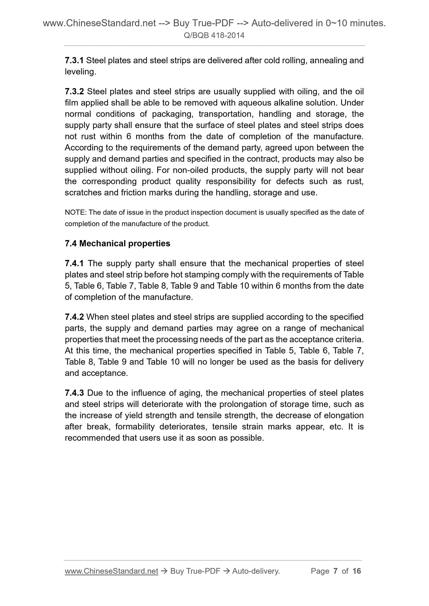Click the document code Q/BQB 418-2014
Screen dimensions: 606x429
214,36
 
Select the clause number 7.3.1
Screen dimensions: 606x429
74,60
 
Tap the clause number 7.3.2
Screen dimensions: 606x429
74,92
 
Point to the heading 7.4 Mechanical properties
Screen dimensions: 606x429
117,243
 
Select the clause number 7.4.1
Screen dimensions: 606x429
74,263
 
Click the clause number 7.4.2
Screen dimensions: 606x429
74,317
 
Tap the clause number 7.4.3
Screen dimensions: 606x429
74,393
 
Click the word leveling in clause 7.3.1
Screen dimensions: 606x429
79,72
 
